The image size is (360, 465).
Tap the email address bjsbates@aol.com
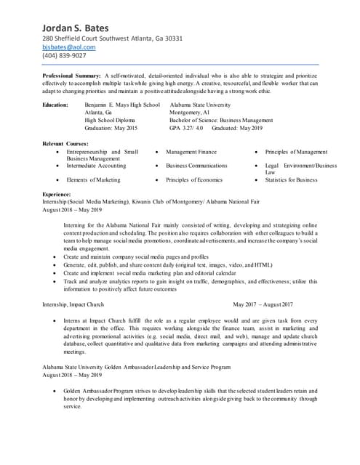(69, 46)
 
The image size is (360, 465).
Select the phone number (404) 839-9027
(64, 55)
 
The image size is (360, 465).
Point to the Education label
(57, 105)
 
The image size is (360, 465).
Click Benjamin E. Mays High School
(122, 105)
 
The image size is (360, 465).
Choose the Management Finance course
(191, 152)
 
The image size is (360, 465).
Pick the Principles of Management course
(296, 152)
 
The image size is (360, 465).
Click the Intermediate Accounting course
(96, 166)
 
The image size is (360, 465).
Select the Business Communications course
(196, 166)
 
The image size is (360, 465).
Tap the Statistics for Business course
(291, 179)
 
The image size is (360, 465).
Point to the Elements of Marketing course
(94, 179)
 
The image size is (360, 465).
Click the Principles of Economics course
(194, 179)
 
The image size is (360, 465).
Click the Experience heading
(57, 195)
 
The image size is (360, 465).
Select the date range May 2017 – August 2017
(263, 304)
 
